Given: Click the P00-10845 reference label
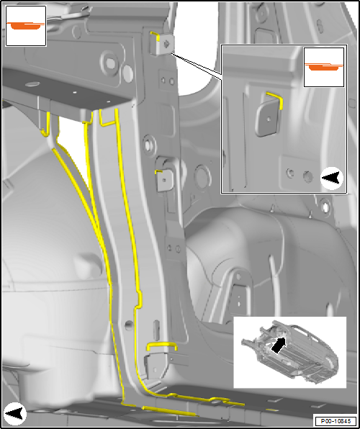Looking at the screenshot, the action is click(336, 421).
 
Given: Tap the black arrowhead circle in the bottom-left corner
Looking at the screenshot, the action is click(15, 414).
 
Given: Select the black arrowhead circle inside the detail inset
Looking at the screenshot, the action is click(332, 178).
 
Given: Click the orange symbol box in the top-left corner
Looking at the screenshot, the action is click(26, 26).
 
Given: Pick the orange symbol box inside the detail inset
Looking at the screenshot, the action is click(324, 68).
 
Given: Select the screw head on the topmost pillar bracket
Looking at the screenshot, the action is click(166, 43).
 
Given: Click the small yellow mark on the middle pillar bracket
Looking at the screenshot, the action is click(158, 171).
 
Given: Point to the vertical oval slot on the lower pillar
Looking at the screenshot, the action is click(156, 330).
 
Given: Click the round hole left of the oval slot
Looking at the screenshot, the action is click(129, 325).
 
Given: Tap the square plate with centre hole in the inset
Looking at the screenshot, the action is click(267, 120).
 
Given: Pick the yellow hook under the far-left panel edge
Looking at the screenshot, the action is click(45, 127).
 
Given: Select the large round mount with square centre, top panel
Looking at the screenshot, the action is click(109, 62).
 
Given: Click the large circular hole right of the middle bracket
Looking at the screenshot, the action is click(202, 176).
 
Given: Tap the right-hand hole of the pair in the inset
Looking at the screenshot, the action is click(307, 177).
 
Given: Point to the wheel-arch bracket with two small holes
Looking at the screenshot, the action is click(238, 300).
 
